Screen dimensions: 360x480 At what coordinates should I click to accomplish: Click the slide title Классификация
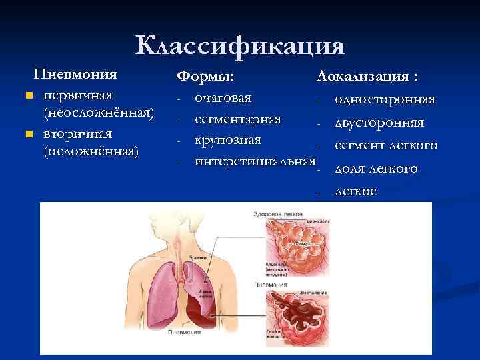click(240, 46)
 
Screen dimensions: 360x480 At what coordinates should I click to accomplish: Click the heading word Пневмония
click(75, 73)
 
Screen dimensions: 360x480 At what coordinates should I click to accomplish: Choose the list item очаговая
click(223, 98)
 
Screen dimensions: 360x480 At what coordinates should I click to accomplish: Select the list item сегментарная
click(238, 119)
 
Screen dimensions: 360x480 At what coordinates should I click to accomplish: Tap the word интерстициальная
click(253, 161)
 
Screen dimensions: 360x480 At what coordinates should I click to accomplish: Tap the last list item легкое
click(355, 191)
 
